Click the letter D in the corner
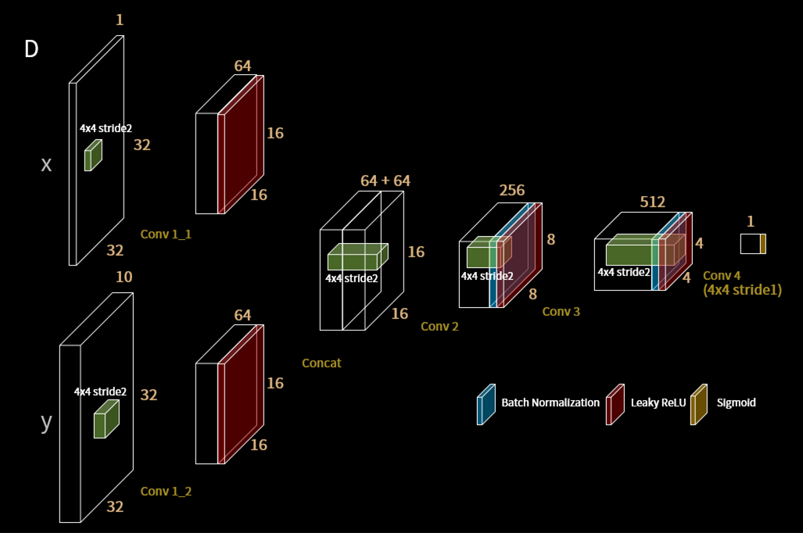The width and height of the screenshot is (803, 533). click(31, 49)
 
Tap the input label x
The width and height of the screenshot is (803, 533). click(46, 165)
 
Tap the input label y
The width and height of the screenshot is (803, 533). click(46, 423)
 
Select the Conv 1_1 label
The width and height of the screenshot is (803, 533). click(166, 234)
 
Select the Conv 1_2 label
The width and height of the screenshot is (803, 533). click(166, 491)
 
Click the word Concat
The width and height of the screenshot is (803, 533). click(321, 363)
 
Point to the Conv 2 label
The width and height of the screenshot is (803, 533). click(439, 326)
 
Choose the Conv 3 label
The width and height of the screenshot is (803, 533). click(561, 311)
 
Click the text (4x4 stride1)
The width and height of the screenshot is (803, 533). click(742, 289)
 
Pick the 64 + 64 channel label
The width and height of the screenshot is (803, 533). click(385, 181)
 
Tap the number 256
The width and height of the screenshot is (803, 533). click(512, 190)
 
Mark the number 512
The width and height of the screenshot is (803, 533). click(652, 202)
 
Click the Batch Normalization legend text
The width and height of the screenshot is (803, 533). click(550, 403)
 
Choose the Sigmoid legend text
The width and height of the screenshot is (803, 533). click(736, 403)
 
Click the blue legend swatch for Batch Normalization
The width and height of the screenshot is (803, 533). click(486, 405)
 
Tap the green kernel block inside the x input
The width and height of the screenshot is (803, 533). click(93, 155)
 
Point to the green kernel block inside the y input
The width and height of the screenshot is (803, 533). click(106, 420)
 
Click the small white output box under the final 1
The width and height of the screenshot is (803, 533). click(750, 244)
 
